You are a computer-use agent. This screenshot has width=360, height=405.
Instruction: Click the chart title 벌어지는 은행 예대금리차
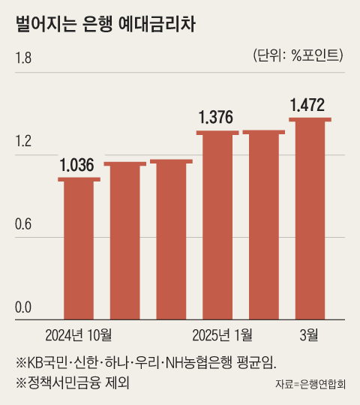click(106, 25)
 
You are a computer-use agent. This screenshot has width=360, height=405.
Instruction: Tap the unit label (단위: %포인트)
click(294, 55)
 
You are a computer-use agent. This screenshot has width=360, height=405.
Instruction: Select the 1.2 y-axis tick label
click(25, 141)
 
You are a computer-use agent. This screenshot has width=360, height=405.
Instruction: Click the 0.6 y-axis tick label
click(25, 224)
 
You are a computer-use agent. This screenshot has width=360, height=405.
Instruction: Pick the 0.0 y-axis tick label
click(25, 307)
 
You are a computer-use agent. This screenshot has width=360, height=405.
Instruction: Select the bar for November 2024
click(124, 241)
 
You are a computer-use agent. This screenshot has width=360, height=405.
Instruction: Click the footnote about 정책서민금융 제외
click(73, 382)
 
